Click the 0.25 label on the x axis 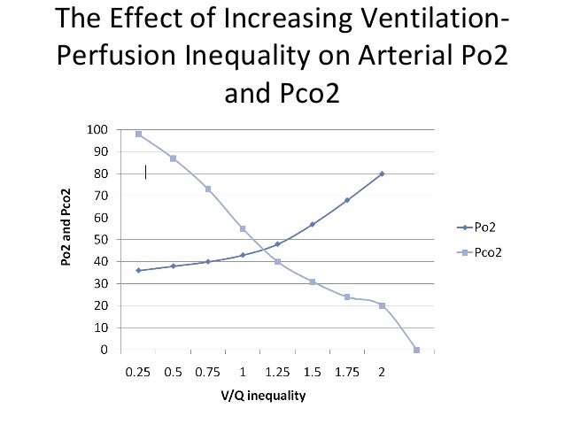coord(139,372)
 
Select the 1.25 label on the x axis coord(277,372)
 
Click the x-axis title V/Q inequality coord(263,396)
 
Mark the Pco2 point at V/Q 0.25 coord(139,134)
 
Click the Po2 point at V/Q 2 coord(382,173)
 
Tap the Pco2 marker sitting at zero coord(416,350)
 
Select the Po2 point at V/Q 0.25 coord(139,270)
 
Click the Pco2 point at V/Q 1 coord(243,228)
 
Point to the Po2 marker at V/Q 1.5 coord(313,224)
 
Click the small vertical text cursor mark coord(146,171)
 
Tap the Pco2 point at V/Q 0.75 coord(208,189)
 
